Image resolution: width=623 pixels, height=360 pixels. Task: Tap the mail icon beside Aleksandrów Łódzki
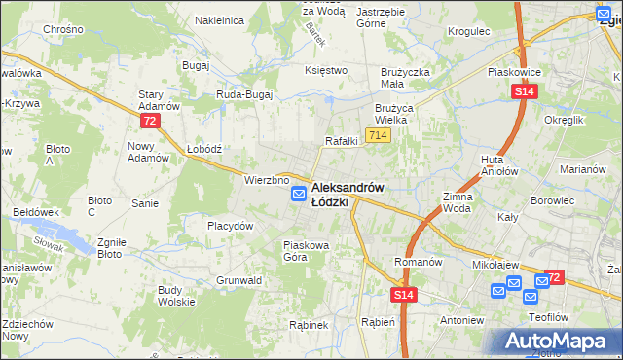point(299,195)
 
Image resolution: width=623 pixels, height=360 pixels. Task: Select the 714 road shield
point(379,134)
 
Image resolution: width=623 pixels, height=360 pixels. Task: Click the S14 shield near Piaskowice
point(524,90)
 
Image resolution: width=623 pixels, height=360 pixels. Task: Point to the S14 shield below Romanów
point(405,293)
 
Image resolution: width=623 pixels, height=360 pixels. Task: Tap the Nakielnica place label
point(218,19)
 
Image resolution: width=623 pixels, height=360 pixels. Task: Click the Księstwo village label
point(326,70)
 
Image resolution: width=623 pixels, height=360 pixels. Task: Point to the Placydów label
point(230,225)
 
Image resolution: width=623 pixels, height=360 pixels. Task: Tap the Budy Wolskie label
point(176,295)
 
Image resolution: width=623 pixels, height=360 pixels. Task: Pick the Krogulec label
point(468,32)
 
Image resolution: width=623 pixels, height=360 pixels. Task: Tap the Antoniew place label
point(461,319)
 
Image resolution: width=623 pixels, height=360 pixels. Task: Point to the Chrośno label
point(62,30)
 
